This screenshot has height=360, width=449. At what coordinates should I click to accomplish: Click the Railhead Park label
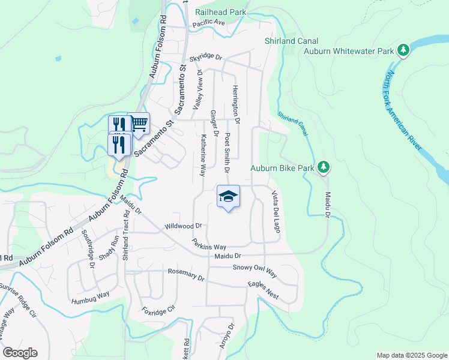tap(221, 11)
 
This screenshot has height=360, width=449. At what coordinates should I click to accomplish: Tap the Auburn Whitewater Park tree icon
tap(404, 50)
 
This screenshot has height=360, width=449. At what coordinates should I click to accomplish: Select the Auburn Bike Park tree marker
tap(324, 167)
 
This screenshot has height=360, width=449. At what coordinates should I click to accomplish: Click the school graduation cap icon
tap(228, 196)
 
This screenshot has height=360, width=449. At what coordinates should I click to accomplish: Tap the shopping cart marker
tap(139, 124)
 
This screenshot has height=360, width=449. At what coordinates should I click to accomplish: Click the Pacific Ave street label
tap(208, 23)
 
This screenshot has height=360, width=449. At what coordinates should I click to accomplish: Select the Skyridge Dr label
tap(206, 58)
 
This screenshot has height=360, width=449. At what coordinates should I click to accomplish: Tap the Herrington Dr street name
tap(237, 104)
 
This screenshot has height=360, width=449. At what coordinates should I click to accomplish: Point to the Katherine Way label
tap(203, 154)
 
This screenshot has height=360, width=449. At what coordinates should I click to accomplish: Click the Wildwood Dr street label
tap(184, 226)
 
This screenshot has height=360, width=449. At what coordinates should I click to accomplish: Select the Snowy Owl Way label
tap(255, 271)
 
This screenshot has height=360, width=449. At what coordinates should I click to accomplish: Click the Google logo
tap(20, 353)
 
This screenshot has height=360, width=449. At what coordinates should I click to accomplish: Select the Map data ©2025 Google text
tap(412, 355)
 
